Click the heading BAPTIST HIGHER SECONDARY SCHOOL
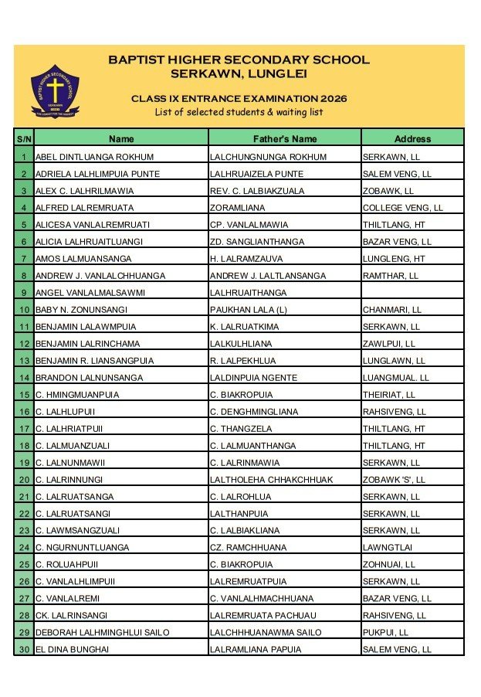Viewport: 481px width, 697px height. [x=239, y=59]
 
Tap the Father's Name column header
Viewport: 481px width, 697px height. [x=285, y=139]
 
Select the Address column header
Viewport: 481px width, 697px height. [x=412, y=139]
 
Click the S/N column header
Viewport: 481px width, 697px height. [x=24, y=139]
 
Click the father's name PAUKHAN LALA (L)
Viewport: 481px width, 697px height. [x=246, y=310]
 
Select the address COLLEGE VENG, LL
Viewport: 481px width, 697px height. [x=403, y=208]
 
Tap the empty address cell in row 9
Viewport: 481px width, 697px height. [x=412, y=293]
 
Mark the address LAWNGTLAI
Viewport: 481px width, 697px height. [x=389, y=548]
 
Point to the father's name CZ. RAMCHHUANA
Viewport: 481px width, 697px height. [x=248, y=548]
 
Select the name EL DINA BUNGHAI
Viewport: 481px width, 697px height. [x=73, y=650]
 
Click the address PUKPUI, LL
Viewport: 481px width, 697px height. [x=388, y=633]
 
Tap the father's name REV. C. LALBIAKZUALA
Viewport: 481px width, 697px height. [x=257, y=191]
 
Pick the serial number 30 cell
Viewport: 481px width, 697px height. [x=24, y=650]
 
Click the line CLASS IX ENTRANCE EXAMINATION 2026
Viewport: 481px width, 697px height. [x=239, y=99]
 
